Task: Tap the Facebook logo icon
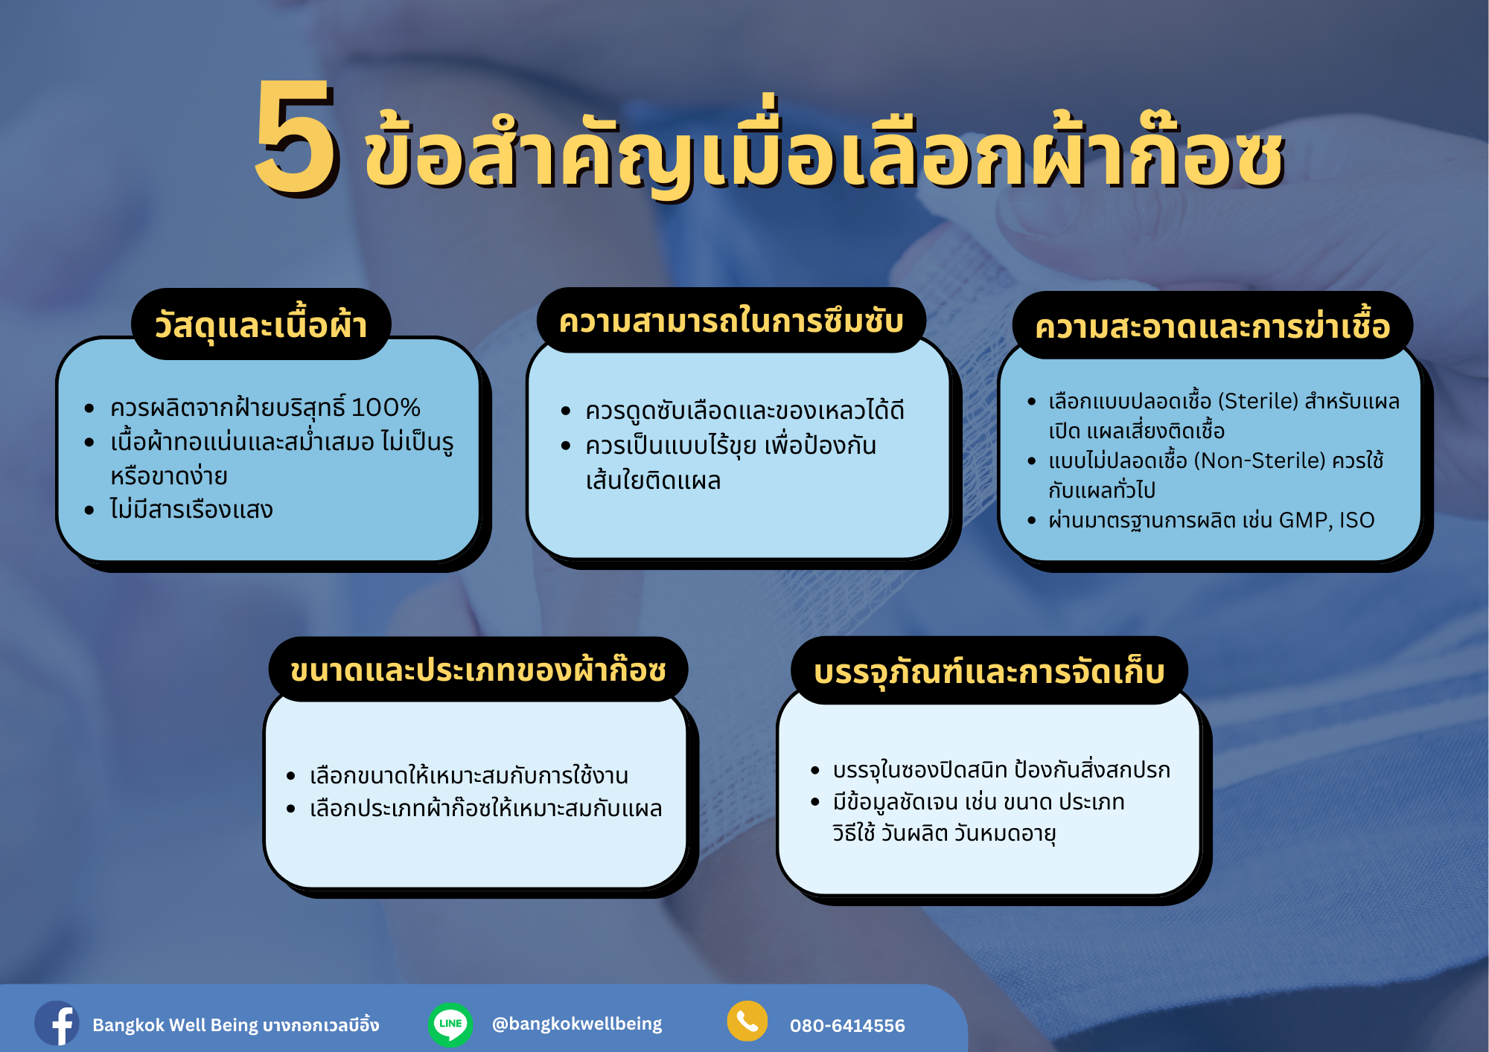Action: click(57, 1023)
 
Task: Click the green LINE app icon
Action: click(450, 1024)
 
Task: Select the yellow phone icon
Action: click(747, 1021)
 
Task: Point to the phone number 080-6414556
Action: click(847, 1026)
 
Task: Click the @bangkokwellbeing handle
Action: click(577, 1024)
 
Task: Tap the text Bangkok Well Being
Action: click(176, 1025)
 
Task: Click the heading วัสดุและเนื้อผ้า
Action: click(261, 325)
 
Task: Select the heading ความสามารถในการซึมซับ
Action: click(731, 321)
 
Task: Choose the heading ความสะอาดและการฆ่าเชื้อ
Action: click(1212, 326)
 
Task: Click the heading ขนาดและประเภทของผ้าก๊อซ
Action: click(478, 670)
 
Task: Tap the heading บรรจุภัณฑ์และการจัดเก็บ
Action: click(989, 671)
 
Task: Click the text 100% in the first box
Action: click(386, 407)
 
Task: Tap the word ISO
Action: click(1356, 520)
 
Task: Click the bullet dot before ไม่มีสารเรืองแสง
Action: click(89, 510)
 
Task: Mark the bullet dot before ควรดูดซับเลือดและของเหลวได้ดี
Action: click(566, 411)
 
